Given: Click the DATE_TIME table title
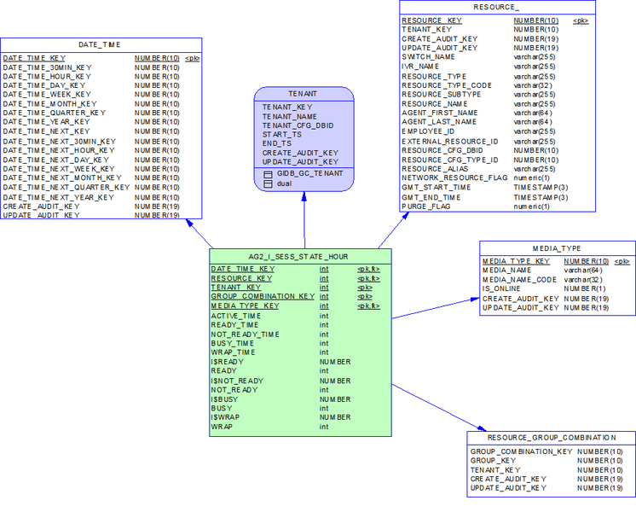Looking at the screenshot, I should click(100, 44).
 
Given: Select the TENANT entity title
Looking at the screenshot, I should click(304, 94).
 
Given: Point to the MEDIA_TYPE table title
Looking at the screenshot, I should click(557, 248).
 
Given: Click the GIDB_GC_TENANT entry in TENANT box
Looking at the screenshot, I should click(309, 172).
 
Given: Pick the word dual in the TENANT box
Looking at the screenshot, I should click(284, 183).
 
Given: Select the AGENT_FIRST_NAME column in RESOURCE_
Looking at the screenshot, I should click(440, 113).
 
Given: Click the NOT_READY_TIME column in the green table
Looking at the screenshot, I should click(246, 335).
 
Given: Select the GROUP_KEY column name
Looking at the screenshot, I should click(494, 460).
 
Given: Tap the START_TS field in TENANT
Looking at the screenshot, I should click(281, 134).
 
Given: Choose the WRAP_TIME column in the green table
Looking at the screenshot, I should click(233, 352).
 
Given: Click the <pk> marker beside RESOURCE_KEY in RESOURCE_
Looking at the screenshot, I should click(581, 20).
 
